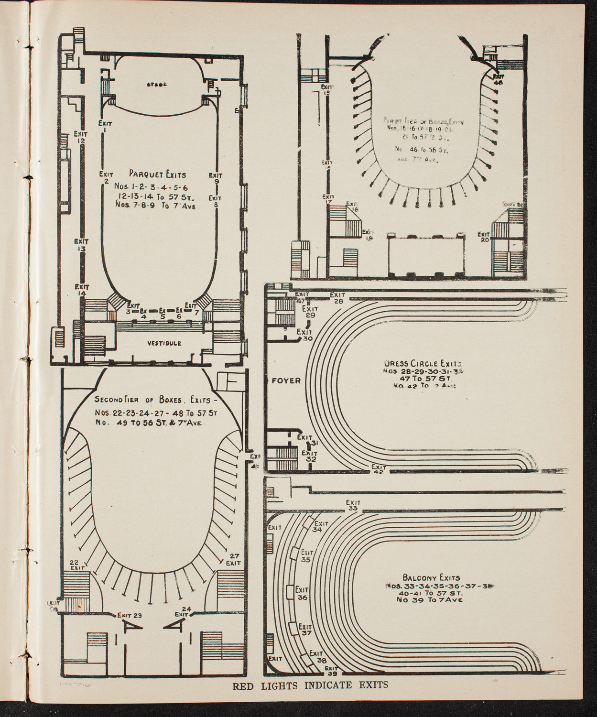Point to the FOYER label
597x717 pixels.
coord(286,381)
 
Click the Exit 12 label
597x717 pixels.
coord(80,138)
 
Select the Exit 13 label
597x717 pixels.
coord(81,245)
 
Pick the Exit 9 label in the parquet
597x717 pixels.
coord(216,178)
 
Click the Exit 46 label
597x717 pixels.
coord(498,79)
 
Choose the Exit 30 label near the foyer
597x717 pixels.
coord(304,335)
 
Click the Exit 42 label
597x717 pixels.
coord(379,469)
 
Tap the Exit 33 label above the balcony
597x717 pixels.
coord(353,505)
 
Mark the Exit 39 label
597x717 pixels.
coord(331,671)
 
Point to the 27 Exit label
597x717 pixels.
coord(233,559)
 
